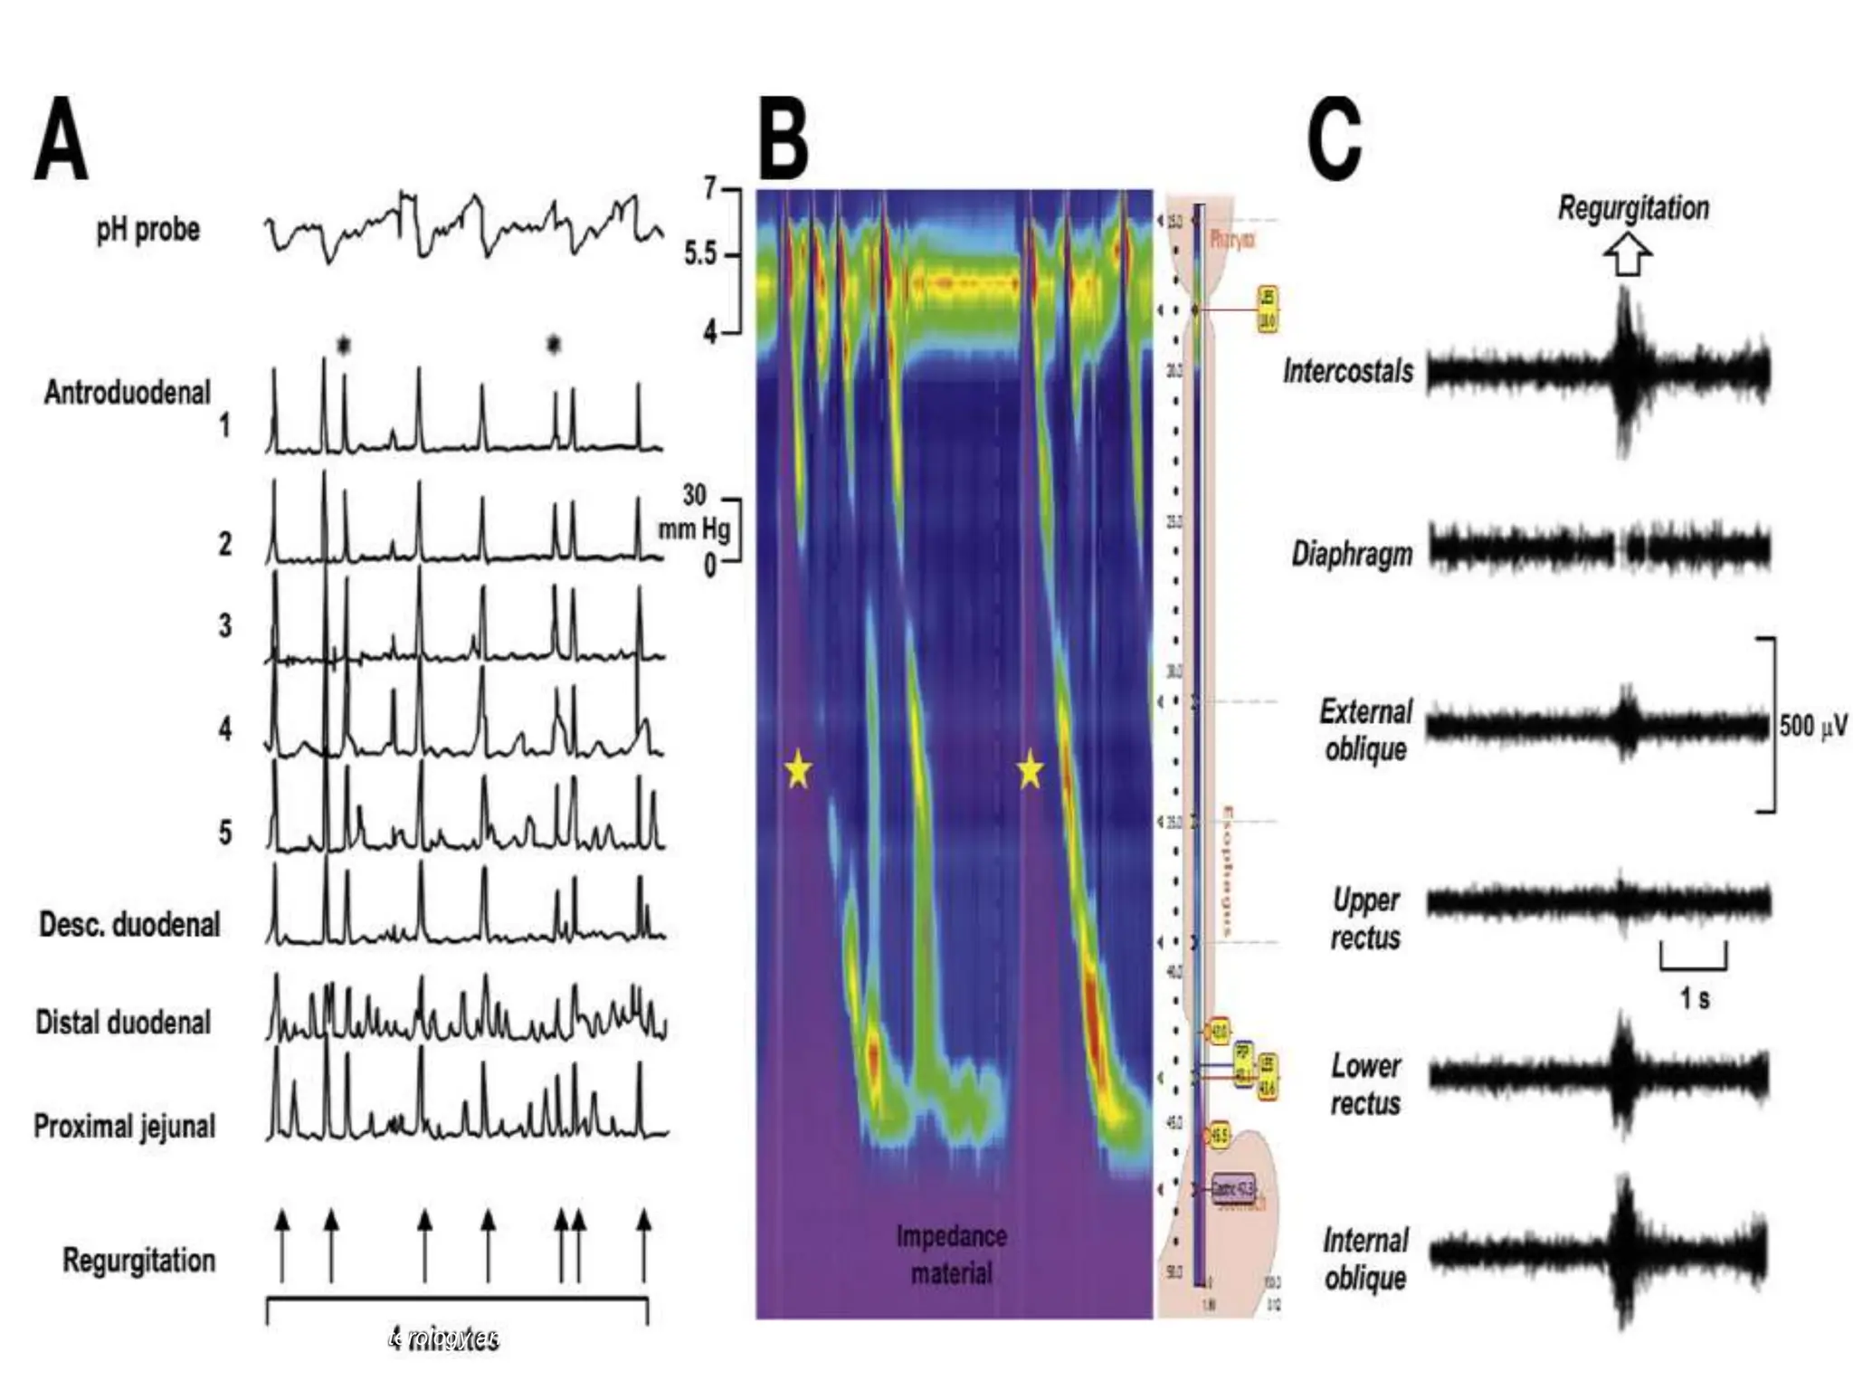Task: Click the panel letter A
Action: (62, 140)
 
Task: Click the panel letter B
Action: (783, 140)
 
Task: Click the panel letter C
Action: (1335, 140)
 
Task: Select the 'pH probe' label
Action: (147, 229)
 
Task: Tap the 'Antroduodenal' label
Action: (127, 392)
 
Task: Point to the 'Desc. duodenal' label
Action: (129, 924)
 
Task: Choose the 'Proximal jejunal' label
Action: (125, 1126)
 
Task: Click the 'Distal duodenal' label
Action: (123, 1022)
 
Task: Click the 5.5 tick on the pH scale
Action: (700, 255)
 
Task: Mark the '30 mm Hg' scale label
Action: (694, 512)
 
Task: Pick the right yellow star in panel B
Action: (1030, 770)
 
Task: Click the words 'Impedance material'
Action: (951, 1254)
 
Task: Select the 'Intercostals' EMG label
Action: (1348, 371)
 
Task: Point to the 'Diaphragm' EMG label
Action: (1352, 553)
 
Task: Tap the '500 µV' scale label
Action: (1813, 726)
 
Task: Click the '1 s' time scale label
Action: (1695, 998)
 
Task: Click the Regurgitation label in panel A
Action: (138, 1260)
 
